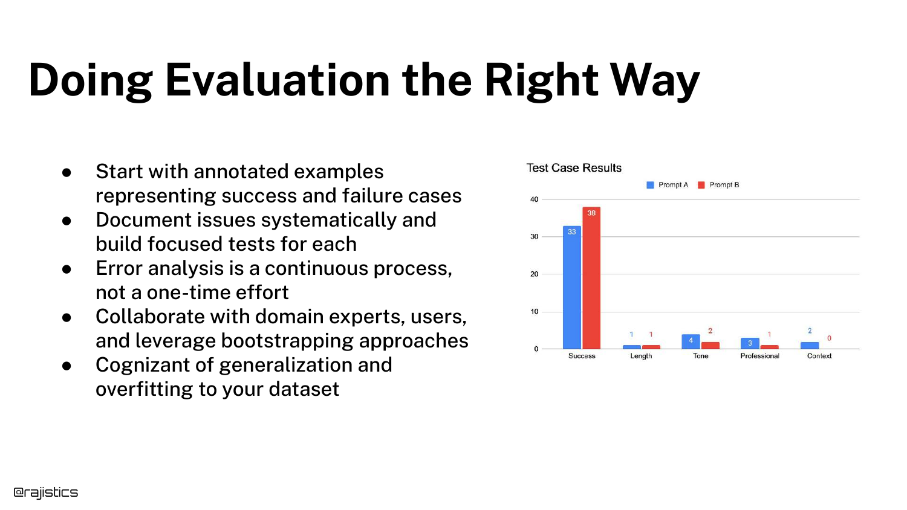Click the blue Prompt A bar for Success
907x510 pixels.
pyautogui.click(x=572, y=288)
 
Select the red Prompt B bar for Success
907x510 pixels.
pyautogui.click(x=591, y=278)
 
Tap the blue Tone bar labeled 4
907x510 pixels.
pyautogui.click(x=691, y=341)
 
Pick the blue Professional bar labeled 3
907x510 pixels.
pyautogui.click(x=750, y=343)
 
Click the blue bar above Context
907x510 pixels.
pyautogui.click(x=810, y=345)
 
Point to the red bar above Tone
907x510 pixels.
pyautogui.click(x=710, y=345)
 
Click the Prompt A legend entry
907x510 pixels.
pyautogui.click(x=668, y=185)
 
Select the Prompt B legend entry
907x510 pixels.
pyautogui.click(x=718, y=185)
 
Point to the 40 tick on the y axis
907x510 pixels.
pyautogui.click(x=535, y=199)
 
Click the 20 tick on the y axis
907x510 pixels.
pyautogui.click(x=535, y=274)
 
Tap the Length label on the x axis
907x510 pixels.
pyautogui.click(x=641, y=356)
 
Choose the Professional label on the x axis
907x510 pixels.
pyautogui.click(x=759, y=356)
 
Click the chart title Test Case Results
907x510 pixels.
pyautogui.click(x=574, y=168)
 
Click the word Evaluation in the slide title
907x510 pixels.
pyautogui.click(x=278, y=80)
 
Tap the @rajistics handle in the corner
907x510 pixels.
pyautogui.click(x=45, y=492)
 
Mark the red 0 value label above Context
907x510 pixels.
pyautogui.click(x=829, y=338)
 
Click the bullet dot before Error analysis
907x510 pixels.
pyautogui.click(x=67, y=269)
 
